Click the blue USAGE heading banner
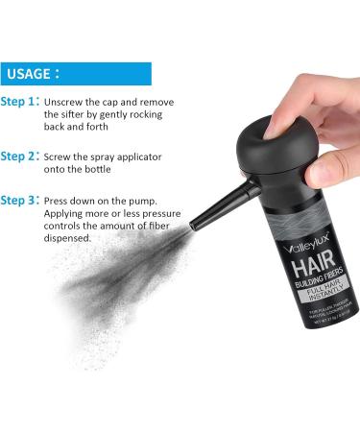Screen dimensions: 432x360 (76, 74)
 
